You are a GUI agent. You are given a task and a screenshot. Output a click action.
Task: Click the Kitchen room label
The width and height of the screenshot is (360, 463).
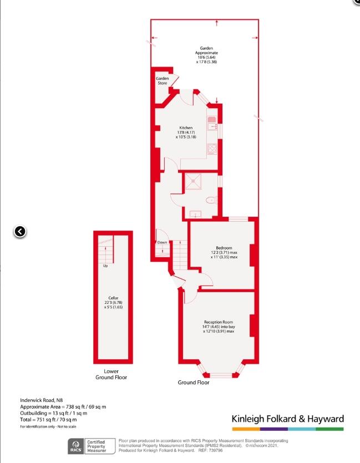tap(186, 128)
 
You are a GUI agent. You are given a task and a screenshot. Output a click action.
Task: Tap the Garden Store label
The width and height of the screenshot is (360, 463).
tap(163, 80)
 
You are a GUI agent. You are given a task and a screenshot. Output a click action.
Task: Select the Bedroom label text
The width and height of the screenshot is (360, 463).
tap(224, 248)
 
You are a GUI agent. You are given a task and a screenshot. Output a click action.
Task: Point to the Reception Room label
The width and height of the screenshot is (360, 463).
tap(219, 322)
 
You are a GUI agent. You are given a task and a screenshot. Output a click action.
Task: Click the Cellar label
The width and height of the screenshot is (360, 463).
tap(113, 298)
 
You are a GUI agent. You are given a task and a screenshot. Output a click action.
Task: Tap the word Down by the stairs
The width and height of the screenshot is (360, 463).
tap(162, 242)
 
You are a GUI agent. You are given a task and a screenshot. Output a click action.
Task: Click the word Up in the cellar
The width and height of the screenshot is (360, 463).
tap(105, 266)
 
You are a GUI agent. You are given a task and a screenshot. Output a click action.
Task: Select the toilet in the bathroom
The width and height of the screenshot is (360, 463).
tap(211, 201)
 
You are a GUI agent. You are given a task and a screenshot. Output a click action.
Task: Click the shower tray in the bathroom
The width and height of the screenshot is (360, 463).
tap(193, 181)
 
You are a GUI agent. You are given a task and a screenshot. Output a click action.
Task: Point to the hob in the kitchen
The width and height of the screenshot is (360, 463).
tap(212, 149)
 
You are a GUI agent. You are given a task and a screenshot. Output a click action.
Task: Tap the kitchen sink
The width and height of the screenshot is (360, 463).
tap(212, 124)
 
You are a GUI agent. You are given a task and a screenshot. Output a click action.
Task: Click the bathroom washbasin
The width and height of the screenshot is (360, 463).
tap(195, 214)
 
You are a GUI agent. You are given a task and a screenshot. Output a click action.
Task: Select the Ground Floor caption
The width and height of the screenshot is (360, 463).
tap(194, 383)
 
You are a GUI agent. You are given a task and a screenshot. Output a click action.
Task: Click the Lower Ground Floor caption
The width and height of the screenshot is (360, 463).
tap(111, 374)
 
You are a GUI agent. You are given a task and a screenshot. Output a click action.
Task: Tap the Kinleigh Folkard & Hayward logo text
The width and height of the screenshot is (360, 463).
tap(288, 419)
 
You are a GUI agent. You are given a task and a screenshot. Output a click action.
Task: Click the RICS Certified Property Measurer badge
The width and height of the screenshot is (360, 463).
tap(92, 446)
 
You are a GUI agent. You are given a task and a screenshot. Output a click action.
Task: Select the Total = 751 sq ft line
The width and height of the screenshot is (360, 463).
tap(48, 420)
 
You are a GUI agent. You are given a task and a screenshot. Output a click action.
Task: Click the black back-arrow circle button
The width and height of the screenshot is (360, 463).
tap(20, 232)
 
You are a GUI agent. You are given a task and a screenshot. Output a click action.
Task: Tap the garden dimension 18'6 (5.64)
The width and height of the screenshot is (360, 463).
tap(206, 57)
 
